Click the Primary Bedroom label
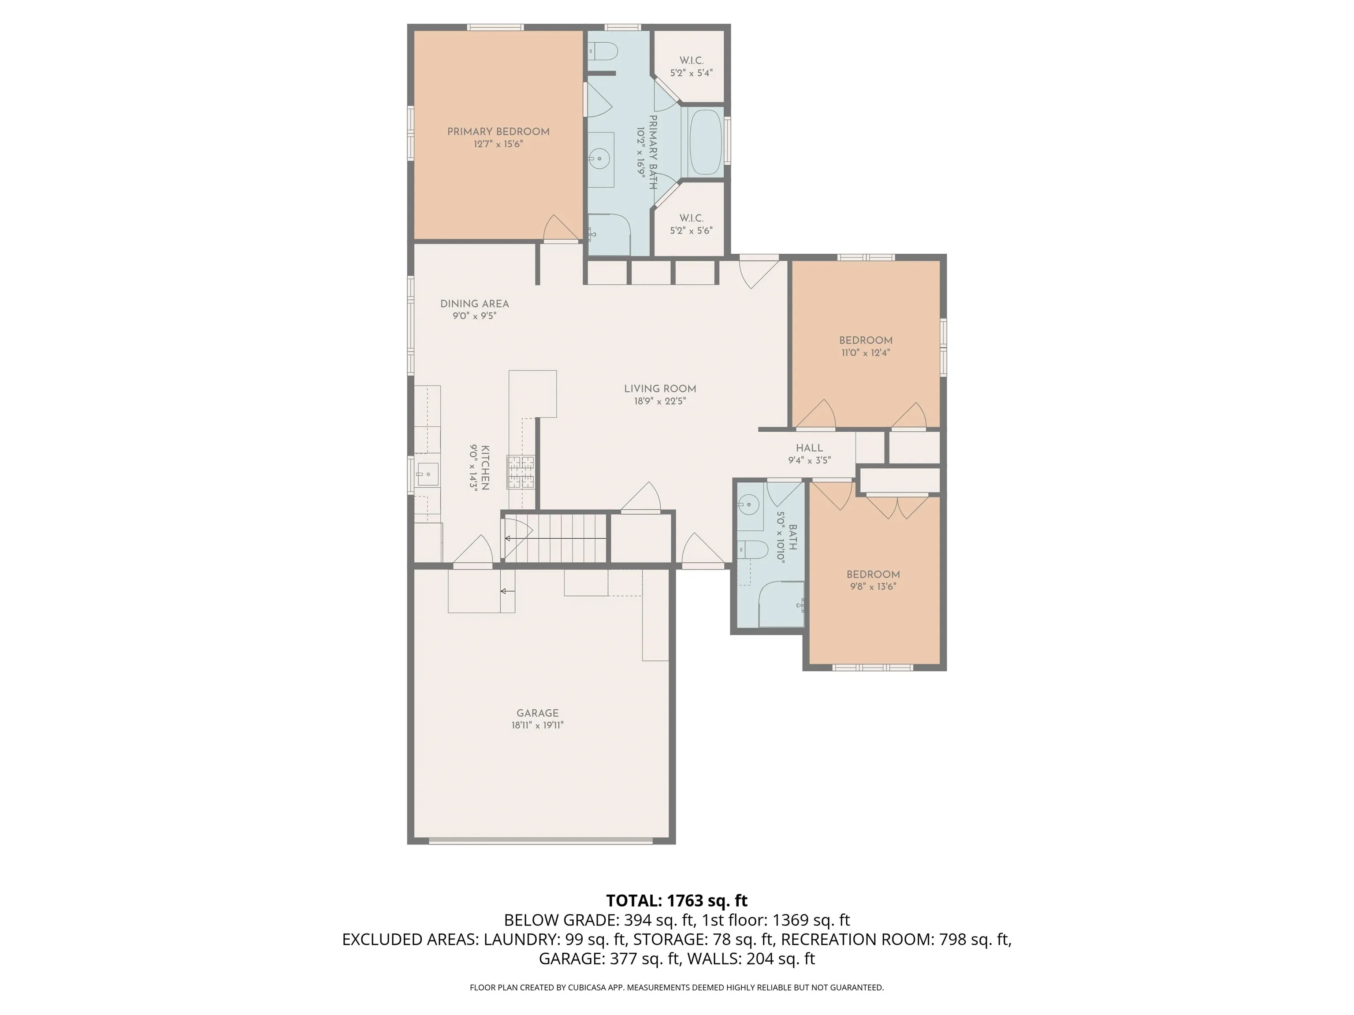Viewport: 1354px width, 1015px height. (x=498, y=132)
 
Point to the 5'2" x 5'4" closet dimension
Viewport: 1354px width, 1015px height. (x=691, y=73)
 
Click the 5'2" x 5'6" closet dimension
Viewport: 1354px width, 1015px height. (x=691, y=231)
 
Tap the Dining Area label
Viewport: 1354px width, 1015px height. (x=474, y=304)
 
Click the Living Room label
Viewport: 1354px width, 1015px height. (x=660, y=389)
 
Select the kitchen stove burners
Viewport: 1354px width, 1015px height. (x=520, y=472)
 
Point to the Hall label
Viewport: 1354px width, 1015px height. (x=809, y=448)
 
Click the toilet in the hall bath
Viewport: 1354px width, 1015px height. (x=753, y=550)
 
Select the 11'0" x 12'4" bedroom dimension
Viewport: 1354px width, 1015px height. (x=866, y=353)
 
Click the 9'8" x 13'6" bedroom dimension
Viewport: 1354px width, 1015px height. (x=873, y=586)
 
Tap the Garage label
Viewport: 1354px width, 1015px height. (x=537, y=713)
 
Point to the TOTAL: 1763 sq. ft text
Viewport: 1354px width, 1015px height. (x=677, y=900)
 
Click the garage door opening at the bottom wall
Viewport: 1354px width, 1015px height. (x=541, y=841)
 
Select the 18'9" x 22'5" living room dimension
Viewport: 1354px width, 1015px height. (x=660, y=401)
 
